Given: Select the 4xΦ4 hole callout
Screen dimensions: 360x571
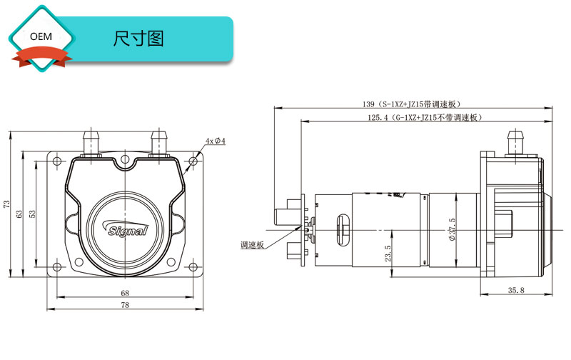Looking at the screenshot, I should (x=215, y=141).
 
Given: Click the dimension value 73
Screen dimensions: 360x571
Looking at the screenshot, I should (x=7, y=204).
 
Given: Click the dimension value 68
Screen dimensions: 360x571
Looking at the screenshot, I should (x=125, y=293).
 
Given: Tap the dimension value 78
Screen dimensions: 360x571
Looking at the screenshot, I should (x=125, y=306).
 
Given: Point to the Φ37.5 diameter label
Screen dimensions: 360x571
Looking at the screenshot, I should (x=451, y=230).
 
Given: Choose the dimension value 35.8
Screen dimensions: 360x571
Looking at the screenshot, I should (x=515, y=290).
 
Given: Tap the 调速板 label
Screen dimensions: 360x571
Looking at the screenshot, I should (x=253, y=244).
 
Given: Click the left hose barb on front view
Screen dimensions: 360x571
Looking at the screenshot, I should (x=91, y=141).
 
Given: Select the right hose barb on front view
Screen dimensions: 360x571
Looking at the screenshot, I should (x=158, y=141).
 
